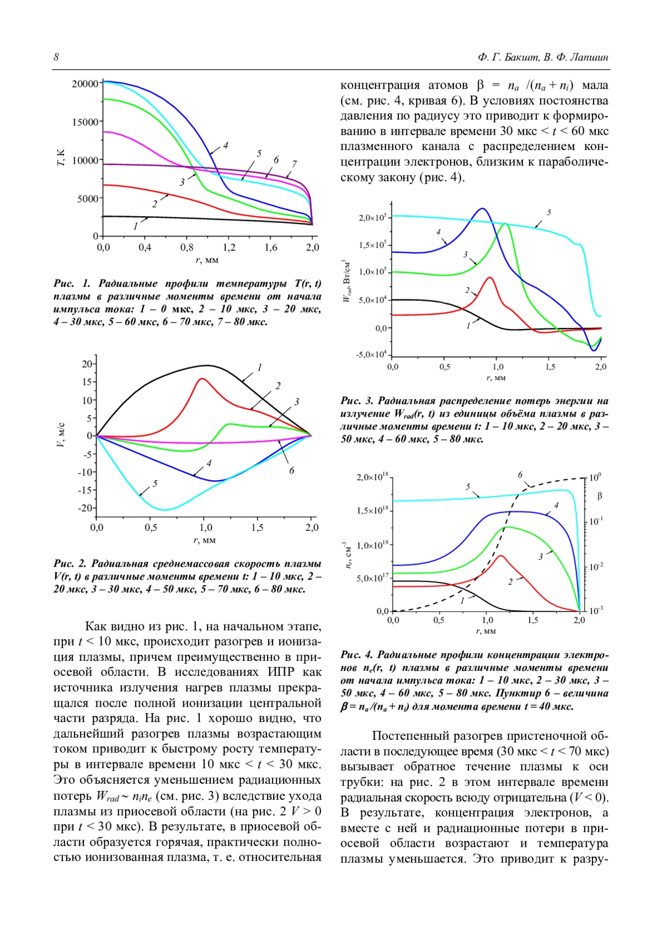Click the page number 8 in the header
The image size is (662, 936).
pyautogui.click(x=56, y=57)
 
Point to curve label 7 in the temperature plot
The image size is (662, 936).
pyautogui.click(x=295, y=164)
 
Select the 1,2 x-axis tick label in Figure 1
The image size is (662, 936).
pyautogui.click(x=229, y=248)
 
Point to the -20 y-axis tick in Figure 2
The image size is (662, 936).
pyautogui.click(x=86, y=508)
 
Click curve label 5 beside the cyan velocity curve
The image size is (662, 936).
pyautogui.click(x=155, y=483)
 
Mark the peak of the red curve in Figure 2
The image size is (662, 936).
pyautogui.click(x=202, y=379)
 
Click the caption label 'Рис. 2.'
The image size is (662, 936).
pyautogui.click(x=70, y=563)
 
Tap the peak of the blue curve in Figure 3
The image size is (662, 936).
pyautogui.click(x=483, y=208)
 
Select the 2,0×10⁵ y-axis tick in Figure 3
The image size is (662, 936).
pyautogui.click(x=372, y=218)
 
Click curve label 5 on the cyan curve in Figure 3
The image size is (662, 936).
pyautogui.click(x=549, y=212)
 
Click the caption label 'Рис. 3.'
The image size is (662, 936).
pyautogui.click(x=357, y=401)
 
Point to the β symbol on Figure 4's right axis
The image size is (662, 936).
pyautogui.click(x=600, y=496)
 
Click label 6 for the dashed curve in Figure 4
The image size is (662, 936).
pyautogui.click(x=520, y=475)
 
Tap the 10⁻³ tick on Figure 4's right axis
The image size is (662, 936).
pyautogui.click(x=596, y=610)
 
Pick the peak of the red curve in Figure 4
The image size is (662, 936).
pyautogui.click(x=500, y=556)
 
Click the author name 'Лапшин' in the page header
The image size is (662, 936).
pyautogui.click(x=589, y=57)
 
